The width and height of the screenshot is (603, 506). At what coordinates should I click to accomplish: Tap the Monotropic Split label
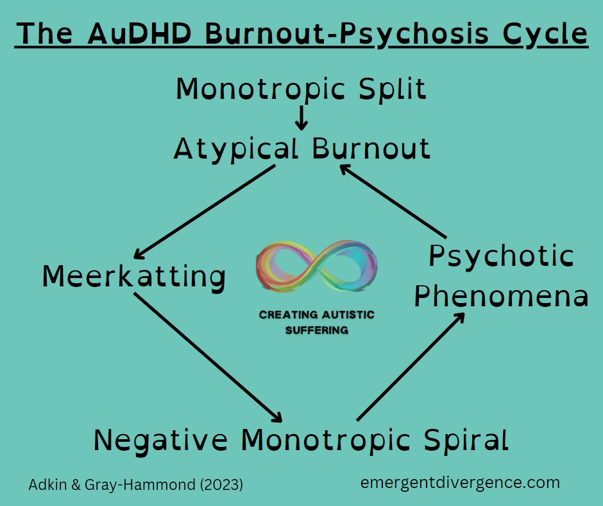point(301,89)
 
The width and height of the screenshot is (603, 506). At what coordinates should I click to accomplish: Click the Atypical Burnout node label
point(301,149)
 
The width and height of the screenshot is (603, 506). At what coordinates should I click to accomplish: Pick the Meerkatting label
point(133,277)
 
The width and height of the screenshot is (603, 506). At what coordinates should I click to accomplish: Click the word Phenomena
point(501,297)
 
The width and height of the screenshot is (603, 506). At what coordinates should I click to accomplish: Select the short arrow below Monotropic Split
point(301,118)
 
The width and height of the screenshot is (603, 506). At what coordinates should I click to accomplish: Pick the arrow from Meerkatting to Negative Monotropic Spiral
point(207,356)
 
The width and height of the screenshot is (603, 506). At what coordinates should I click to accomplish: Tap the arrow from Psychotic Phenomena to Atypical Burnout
point(393,200)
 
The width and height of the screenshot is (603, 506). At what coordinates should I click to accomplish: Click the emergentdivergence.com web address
point(460,483)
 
